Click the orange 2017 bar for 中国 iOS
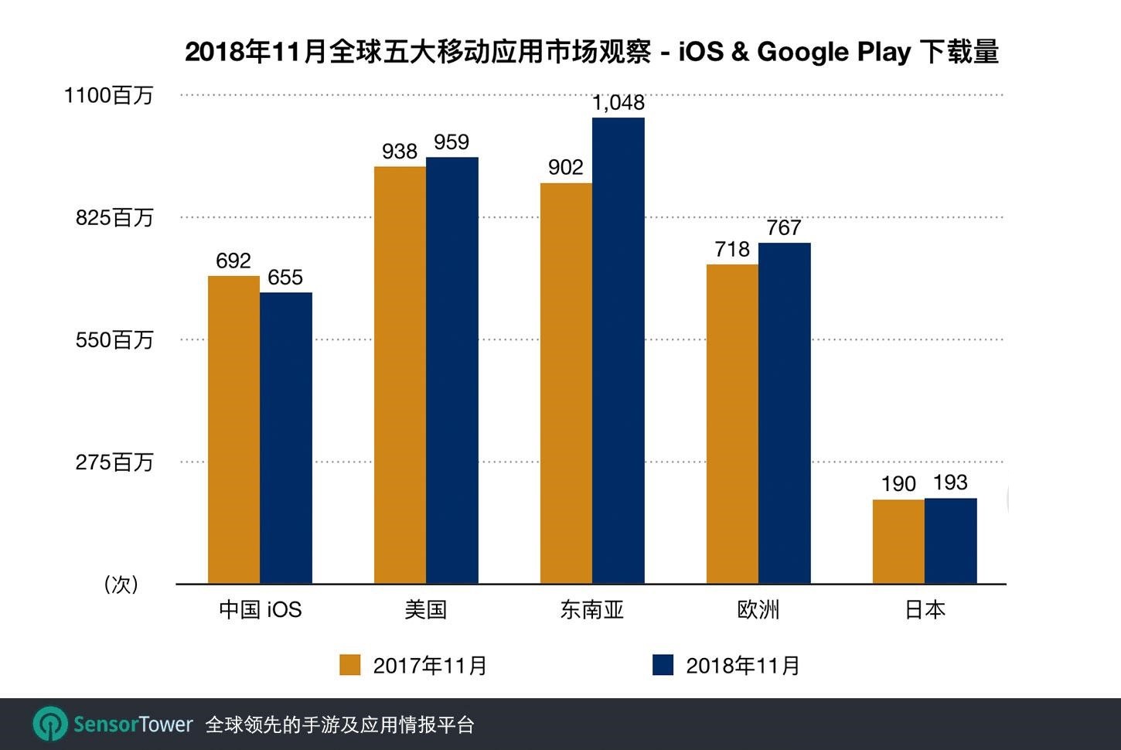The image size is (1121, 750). pos(233,429)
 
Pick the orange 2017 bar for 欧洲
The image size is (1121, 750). pos(732,424)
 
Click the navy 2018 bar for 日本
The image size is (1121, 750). pos(950,540)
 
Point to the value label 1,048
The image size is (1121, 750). pos(618,103)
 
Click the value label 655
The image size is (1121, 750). pos(285,278)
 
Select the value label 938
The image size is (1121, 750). pos(400,152)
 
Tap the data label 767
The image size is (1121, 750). pos(784,228)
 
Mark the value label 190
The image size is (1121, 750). pos(898,484)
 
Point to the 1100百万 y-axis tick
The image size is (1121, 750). pos(108,96)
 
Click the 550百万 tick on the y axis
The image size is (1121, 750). pos(114,340)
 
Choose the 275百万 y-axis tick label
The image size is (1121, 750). pos(114,462)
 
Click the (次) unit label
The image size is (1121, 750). pos(121,585)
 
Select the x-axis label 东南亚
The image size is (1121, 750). pos(591,610)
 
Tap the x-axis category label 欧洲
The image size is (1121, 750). pos(758,610)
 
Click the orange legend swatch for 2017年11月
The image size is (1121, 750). pos(350,665)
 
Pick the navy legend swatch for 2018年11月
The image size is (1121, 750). pos(663,665)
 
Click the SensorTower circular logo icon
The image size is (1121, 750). pos(50,724)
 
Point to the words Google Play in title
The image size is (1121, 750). pos(833,52)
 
